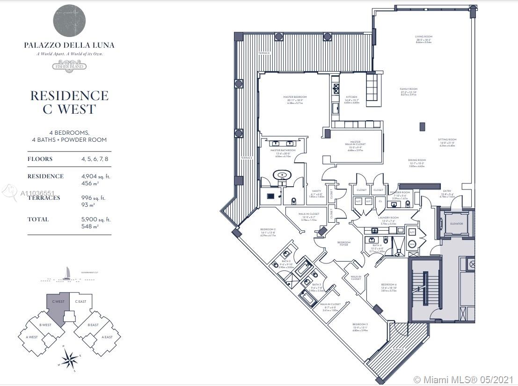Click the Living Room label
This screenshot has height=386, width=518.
tap(423, 36)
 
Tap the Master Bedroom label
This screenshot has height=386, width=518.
tap(295, 97)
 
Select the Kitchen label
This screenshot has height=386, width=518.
tap(351, 97)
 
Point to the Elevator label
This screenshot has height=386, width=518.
tap(456, 224)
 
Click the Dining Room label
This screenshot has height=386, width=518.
tap(416, 160)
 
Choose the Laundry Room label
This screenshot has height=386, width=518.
tap(389, 218)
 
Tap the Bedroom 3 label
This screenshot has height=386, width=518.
tap(360, 324)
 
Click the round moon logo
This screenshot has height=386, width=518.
tap(69, 21)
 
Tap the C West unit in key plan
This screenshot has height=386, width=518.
tap(58, 306)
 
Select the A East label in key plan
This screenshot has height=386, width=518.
tap(107, 337)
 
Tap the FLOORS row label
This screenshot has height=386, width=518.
tap(40, 159)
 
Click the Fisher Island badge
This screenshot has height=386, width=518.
tap(69, 66)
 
